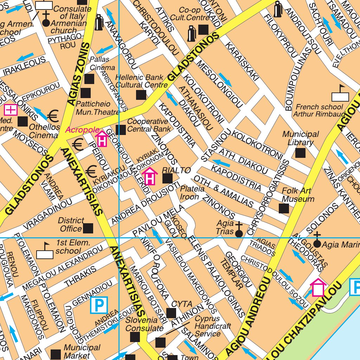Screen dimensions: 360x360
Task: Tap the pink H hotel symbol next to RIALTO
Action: pos(150,176)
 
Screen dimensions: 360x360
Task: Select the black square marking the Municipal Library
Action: pos(300,153)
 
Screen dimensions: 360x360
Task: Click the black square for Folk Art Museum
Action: pos(284,208)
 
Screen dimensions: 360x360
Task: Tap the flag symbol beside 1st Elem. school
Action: pos(45,251)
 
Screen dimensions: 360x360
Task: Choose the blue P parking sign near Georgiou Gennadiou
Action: pos(99,305)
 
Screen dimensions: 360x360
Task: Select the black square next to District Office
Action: pos(88,229)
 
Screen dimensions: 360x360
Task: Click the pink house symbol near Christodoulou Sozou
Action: pos(318,288)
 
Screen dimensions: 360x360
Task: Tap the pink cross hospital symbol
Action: pos(11,110)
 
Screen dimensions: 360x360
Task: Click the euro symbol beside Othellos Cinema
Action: pos(53,115)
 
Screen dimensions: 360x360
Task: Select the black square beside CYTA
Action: pos(171,313)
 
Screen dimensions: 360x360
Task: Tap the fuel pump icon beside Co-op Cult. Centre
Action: pos(191,34)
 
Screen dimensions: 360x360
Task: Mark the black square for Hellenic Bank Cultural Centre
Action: pos(141,95)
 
